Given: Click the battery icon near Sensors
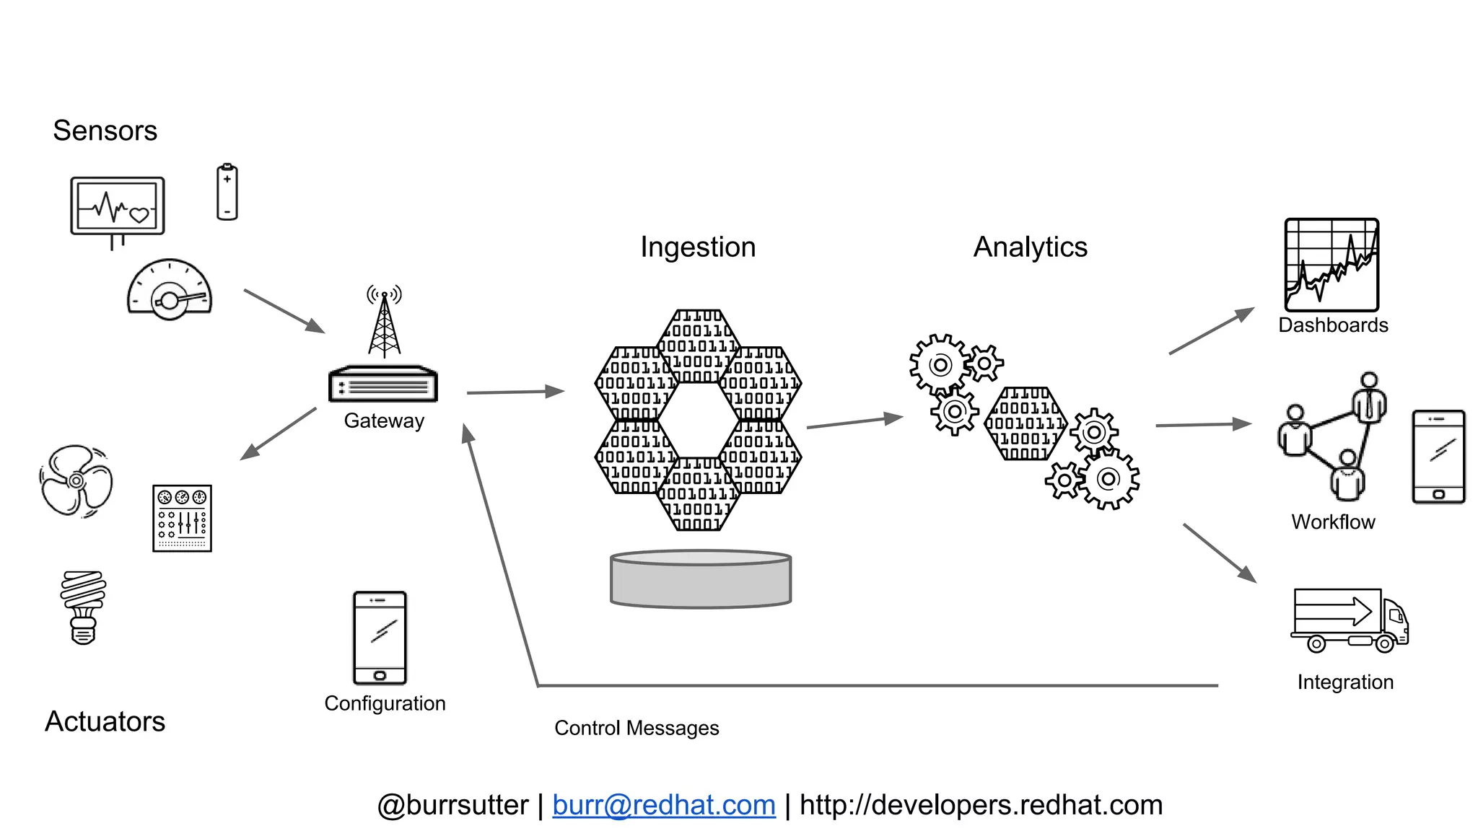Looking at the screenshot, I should (x=227, y=193).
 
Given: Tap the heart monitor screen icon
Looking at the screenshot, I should (x=118, y=206).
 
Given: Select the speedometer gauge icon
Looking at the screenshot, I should (x=170, y=290).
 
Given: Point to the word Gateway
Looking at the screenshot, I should (x=384, y=421).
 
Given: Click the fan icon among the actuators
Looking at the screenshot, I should (x=76, y=481).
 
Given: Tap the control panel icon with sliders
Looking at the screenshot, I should (x=182, y=518).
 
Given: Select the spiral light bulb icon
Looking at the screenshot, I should (x=83, y=607).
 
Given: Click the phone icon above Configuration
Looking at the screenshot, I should (x=380, y=638).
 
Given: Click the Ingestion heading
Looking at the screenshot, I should (x=698, y=247).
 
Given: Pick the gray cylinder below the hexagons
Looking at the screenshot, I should (x=701, y=579).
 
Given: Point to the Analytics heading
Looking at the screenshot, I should (x=1030, y=247).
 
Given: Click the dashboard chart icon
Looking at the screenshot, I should (x=1331, y=265).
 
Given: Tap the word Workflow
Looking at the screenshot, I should (x=1333, y=522).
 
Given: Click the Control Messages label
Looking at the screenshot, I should (x=637, y=728).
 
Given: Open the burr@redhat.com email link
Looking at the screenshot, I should (x=664, y=805).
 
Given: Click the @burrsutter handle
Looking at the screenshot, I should (x=452, y=805).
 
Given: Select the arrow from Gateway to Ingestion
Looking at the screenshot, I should (x=515, y=392).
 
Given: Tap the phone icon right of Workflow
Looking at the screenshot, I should (x=1438, y=457).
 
